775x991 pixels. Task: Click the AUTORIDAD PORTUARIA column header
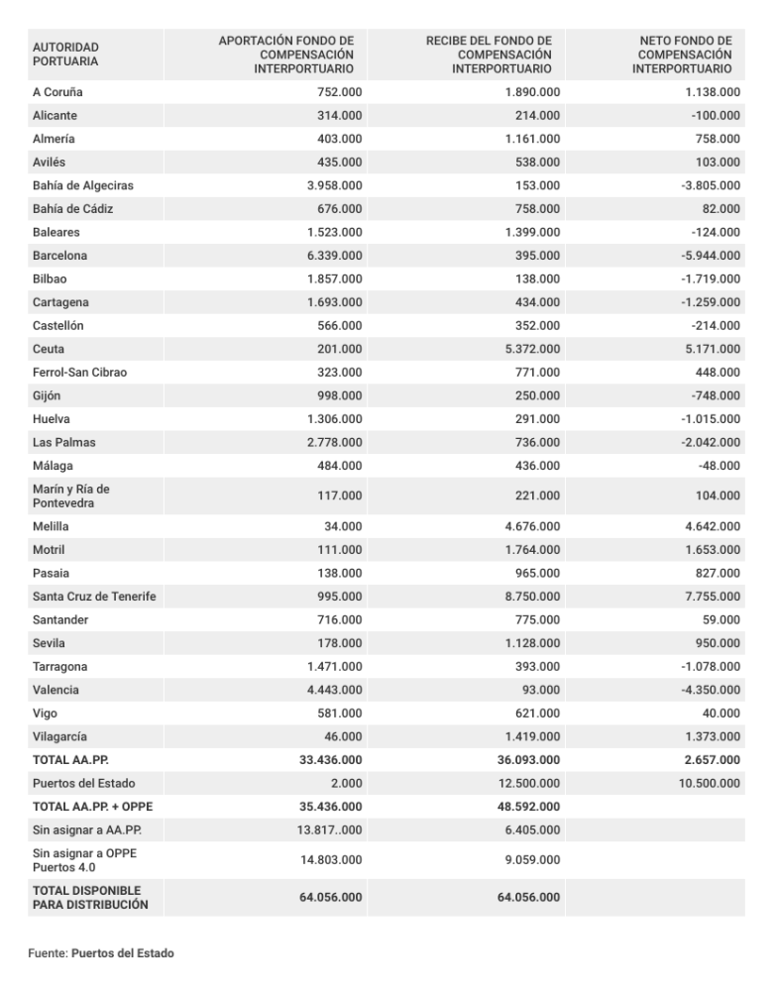65,54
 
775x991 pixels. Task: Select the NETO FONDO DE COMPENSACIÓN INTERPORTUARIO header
685,54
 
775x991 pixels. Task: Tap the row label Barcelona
59,255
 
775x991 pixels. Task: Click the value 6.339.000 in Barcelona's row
334,255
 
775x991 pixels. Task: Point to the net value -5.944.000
707,255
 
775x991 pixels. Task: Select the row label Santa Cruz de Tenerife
94,596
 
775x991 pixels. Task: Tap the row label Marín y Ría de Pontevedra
71,495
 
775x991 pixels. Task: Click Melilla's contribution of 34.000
343,526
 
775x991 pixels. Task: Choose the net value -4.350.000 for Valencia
707,689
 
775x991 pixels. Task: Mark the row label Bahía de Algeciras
82,185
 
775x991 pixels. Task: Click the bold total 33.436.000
330,759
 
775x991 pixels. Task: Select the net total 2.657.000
710,759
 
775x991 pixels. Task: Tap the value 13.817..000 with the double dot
330,829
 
